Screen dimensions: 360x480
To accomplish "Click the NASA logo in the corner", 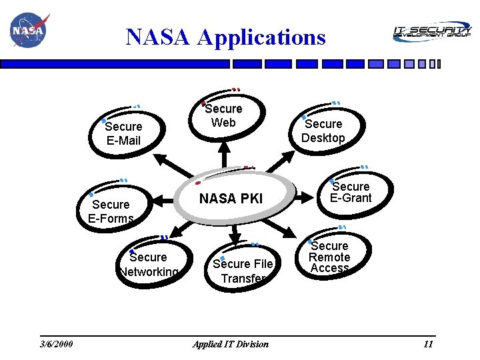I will (27, 31).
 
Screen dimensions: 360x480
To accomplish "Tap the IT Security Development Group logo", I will (431, 31).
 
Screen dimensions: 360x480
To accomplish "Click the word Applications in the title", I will (262, 37).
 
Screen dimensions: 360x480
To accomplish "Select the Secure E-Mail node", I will (123, 133).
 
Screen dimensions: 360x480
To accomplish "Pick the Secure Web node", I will (224, 115).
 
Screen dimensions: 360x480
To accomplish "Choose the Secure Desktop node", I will (323, 131).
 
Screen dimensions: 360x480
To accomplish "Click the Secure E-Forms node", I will (111, 211).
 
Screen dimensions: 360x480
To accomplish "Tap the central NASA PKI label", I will (231, 198).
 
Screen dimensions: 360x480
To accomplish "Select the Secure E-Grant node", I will (351, 192).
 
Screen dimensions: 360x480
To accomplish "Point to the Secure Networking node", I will (148, 264).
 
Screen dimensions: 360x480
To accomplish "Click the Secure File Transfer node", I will (243, 271).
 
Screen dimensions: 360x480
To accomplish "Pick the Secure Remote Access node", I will (329, 257).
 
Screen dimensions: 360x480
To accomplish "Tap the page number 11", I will (428, 344).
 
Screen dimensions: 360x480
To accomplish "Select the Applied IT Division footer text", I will (231, 344).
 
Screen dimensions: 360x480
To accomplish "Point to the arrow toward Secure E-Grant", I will (308, 197).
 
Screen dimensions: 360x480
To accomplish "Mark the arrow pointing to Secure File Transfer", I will (235, 233).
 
